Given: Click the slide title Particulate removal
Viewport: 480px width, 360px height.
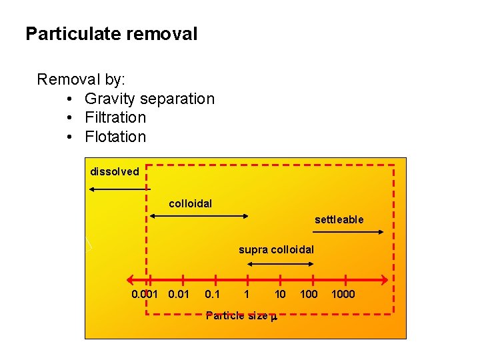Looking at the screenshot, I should coord(111,34).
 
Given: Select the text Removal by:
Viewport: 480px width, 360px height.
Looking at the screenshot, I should coord(81,79).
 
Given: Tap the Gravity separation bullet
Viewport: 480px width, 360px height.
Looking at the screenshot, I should coord(149,99).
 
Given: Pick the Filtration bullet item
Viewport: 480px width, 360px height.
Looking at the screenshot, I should coord(115,117).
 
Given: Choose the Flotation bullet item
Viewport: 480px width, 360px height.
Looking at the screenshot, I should coord(115,137).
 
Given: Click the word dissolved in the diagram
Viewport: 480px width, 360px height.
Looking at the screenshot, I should coord(115,172).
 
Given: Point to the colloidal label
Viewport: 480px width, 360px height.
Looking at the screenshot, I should coord(191,203).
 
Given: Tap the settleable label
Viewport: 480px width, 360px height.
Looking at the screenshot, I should coord(339,219).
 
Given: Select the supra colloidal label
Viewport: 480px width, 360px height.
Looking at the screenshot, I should coord(276,250).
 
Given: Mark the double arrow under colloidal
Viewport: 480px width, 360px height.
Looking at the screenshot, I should coord(199,215).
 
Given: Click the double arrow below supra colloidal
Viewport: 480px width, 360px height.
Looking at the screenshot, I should coord(279,264).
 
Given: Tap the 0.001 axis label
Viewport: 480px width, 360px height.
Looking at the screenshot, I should coord(145,294).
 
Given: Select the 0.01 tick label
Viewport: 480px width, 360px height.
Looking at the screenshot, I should coord(179,294).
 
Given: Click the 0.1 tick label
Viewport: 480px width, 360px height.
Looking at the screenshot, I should coord(213,294).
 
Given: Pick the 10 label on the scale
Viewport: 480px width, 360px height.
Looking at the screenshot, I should coord(280,294).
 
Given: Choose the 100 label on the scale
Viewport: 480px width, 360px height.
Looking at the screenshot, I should coord(309,294).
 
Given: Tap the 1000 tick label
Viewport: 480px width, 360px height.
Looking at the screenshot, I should coord(343,294).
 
